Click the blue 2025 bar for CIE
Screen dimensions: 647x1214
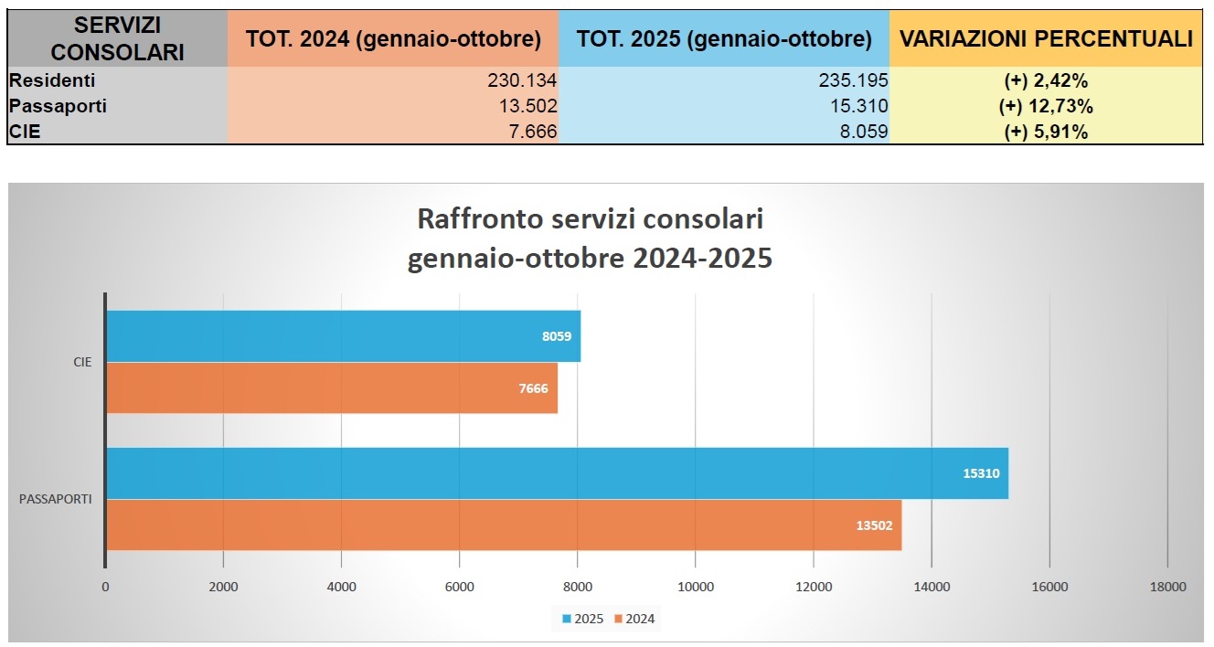click(x=343, y=335)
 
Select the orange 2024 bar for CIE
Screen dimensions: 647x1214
click(x=331, y=388)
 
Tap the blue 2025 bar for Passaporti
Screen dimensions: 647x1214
click(x=557, y=473)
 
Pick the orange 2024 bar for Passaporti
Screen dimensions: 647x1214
click(x=504, y=525)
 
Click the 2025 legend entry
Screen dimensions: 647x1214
click(x=581, y=619)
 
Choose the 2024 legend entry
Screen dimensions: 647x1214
click(x=634, y=619)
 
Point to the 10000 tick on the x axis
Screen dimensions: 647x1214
click(x=695, y=587)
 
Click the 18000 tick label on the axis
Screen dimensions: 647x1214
click(x=1167, y=587)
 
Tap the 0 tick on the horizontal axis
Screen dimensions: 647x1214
click(x=106, y=587)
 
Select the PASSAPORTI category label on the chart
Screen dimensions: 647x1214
click(x=55, y=499)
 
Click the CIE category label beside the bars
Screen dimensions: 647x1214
click(x=82, y=362)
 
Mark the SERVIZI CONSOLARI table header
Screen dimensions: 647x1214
click(x=117, y=38)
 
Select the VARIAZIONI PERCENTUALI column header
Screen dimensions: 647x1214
click(x=1046, y=38)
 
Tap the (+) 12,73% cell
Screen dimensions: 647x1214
click(x=1046, y=106)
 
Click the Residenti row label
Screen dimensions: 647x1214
click(x=52, y=80)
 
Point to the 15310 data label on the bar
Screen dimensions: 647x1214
click(x=981, y=473)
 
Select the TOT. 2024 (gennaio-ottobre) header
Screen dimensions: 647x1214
click(x=393, y=39)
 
